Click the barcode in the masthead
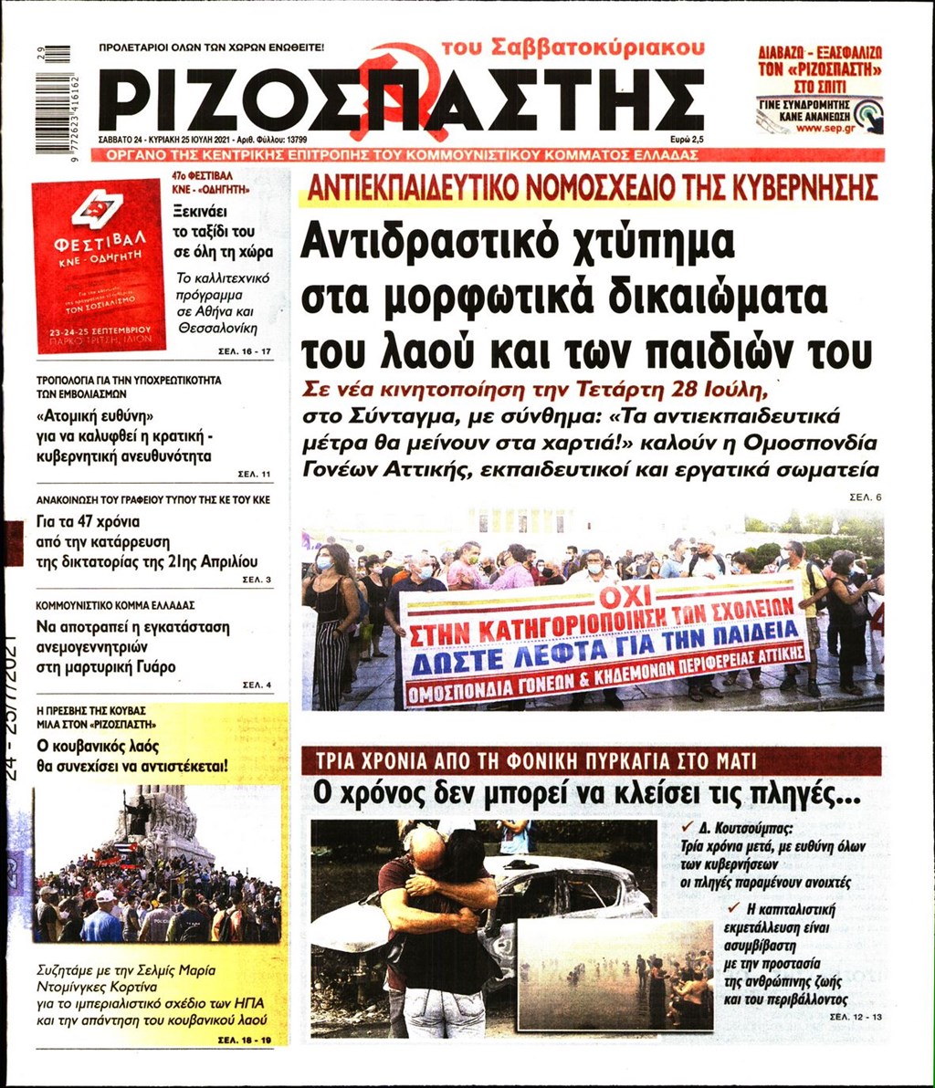click(57, 92)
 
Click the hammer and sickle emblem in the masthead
click(403, 82)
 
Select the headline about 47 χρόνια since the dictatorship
click(146, 542)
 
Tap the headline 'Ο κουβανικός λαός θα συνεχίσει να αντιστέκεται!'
click(132, 754)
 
